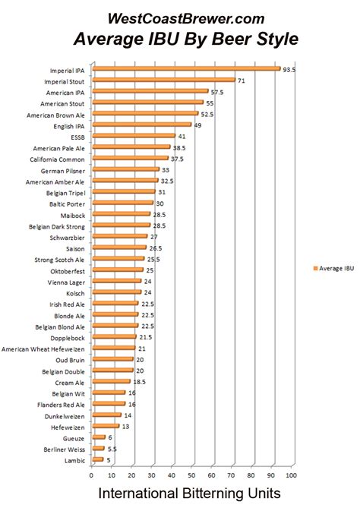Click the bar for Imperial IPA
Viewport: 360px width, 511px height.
186,69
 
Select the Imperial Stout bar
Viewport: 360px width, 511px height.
163,80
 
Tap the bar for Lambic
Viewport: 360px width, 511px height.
97,459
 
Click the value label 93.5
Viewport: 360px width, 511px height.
289,68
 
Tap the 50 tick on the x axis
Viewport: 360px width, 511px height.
191,475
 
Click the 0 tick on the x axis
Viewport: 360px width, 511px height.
91,475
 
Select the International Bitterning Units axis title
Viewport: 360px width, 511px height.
190,494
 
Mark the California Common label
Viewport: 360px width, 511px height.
58,159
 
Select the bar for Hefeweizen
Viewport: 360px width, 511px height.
106,426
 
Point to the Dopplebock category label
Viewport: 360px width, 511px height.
67,337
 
